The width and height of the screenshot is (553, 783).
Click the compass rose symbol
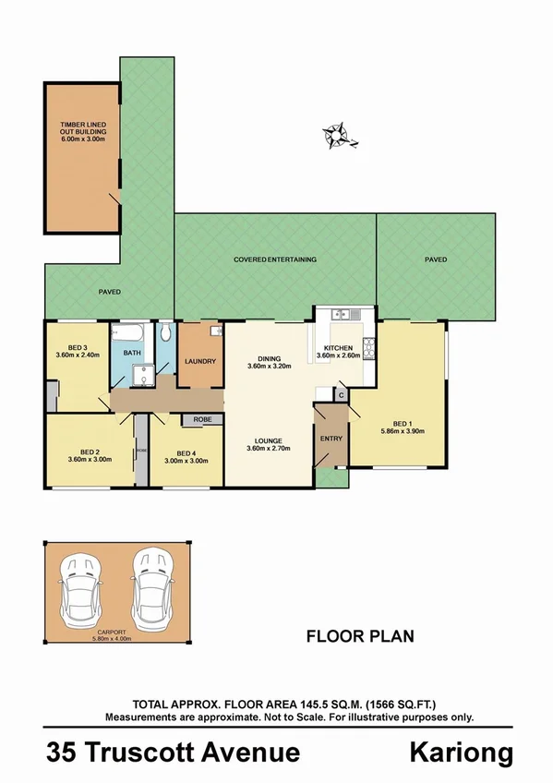pyautogui.click(x=340, y=136)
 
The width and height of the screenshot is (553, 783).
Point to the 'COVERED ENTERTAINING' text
pyautogui.click(x=275, y=259)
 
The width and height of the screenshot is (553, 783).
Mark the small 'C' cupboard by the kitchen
pyautogui.click(x=341, y=395)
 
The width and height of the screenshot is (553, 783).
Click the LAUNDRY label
pyautogui.click(x=200, y=361)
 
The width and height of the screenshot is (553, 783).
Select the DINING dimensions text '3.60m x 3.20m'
pyautogui.click(x=270, y=366)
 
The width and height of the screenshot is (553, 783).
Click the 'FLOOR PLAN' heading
pyautogui.click(x=360, y=635)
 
